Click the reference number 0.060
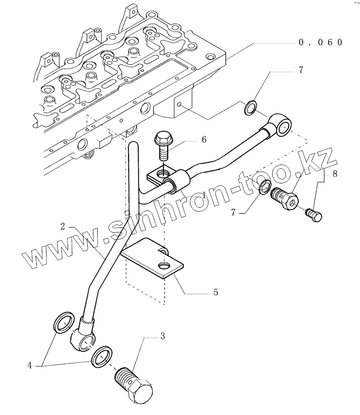tap(321, 42)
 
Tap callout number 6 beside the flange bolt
tap(204, 139)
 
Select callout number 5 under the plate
tap(215, 292)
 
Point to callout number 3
tap(162, 336)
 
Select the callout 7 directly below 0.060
tap(300, 71)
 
